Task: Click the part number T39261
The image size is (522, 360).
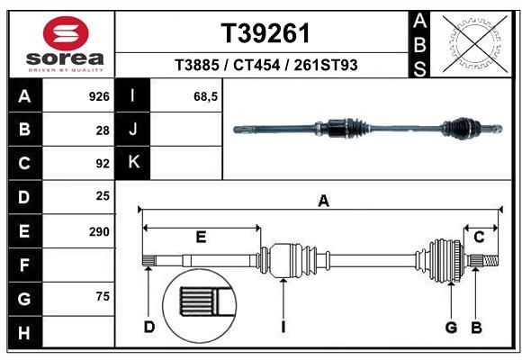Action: click(x=265, y=33)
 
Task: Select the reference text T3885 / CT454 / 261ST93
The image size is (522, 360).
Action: click(x=265, y=66)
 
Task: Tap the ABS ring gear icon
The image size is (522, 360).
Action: click(x=472, y=43)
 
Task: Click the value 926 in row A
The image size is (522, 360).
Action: click(x=99, y=95)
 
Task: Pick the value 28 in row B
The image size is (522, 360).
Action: click(x=103, y=130)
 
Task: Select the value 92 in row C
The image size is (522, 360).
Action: click(x=103, y=164)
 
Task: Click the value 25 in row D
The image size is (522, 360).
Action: click(x=103, y=196)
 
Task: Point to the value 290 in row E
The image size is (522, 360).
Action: click(x=99, y=231)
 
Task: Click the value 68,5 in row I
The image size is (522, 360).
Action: click(x=206, y=95)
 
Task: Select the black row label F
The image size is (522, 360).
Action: click(x=24, y=265)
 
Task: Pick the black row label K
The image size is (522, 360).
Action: click(x=133, y=163)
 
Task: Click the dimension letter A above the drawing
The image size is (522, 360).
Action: click(x=323, y=202)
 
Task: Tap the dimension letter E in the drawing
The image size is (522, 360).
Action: click(x=201, y=237)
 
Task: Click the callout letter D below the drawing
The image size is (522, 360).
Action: click(x=149, y=327)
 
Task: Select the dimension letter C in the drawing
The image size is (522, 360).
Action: click(x=480, y=237)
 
